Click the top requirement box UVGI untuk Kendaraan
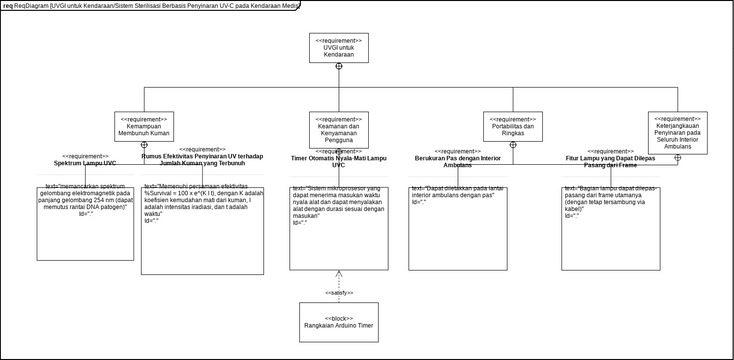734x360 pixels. click(x=339, y=49)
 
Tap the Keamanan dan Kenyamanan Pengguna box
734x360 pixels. click(x=339, y=129)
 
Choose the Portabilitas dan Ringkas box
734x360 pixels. click(x=513, y=127)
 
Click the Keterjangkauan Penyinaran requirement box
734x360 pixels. click(x=677, y=132)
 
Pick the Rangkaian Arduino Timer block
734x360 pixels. click(x=339, y=320)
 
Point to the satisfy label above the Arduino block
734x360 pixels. click(x=339, y=292)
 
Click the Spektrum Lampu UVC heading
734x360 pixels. click(x=85, y=162)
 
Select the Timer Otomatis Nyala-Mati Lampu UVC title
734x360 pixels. click(x=338, y=161)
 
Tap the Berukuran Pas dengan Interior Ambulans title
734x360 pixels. click(x=458, y=161)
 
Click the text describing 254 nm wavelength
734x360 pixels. click(x=85, y=197)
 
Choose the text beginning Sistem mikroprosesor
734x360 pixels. click(x=339, y=206)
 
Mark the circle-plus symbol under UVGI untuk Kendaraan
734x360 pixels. click(x=339, y=66)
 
